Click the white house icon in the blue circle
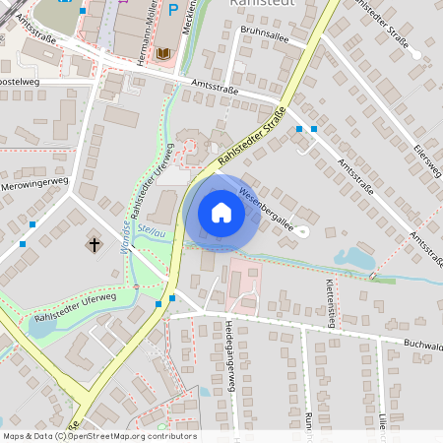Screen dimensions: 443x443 click(x=221, y=212)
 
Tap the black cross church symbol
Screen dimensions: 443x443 click(x=95, y=243)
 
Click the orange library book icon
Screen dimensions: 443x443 click(x=164, y=52)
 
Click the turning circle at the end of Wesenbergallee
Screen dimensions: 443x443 click(x=302, y=231)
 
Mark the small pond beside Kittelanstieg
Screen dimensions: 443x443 click(x=351, y=259)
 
